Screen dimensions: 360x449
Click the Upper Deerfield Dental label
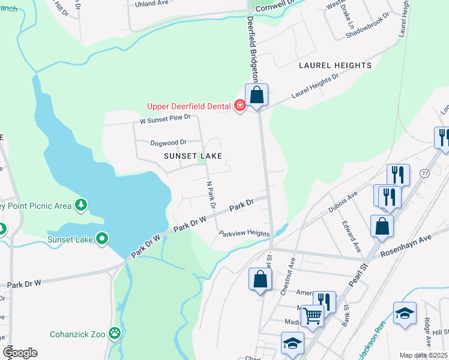coord(189,107)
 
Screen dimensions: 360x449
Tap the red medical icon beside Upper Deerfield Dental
coord(240,106)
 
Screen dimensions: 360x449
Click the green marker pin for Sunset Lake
coord(103,239)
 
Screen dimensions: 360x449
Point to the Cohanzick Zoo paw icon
coord(114,333)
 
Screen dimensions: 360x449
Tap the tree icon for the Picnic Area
coord(80,206)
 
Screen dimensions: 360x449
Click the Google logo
coord(20,352)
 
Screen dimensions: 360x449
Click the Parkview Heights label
coord(244,233)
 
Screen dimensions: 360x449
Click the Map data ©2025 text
coord(423,355)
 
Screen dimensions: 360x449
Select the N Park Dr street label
coord(210,194)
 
